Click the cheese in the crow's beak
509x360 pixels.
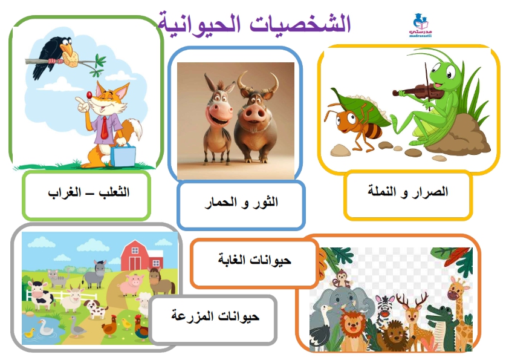point(71,59)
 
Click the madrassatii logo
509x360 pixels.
point(421,25)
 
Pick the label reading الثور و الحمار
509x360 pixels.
point(242,203)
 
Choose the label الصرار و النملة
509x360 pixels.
point(407,191)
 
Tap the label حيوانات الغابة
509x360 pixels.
point(254,260)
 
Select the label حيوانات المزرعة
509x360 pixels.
point(215,316)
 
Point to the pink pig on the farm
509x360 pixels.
point(131,284)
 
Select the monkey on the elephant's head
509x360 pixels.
point(342,280)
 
